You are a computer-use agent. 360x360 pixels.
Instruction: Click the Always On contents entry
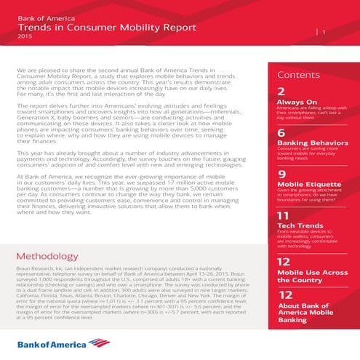[297, 103]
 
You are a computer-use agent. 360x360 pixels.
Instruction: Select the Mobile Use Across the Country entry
[311, 274]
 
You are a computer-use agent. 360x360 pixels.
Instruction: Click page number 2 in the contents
[281, 92]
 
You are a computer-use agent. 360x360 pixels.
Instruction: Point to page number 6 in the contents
[281, 134]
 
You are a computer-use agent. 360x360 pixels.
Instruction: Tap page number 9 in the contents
[281, 175]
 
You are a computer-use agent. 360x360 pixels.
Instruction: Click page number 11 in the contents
[283, 217]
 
